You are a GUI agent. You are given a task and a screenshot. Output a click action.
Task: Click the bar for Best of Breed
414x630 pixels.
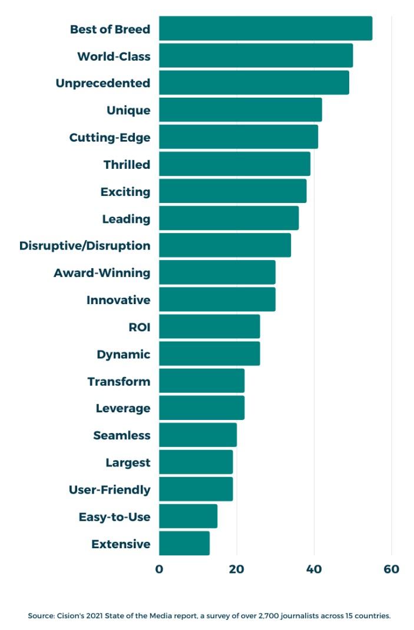[265, 29]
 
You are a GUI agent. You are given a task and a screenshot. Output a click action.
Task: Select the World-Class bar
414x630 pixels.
[256, 56]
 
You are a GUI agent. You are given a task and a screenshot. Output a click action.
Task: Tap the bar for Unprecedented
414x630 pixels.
[254, 83]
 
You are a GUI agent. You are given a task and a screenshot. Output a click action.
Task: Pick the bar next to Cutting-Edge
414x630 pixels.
[239, 137]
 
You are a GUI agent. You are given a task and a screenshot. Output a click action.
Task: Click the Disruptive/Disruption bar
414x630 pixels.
[225, 245]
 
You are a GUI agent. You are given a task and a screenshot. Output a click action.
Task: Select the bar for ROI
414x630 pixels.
[209, 327]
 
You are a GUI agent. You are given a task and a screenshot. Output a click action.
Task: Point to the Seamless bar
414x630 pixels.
[198, 435]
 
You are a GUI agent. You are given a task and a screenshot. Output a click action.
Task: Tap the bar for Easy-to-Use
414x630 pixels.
[188, 516]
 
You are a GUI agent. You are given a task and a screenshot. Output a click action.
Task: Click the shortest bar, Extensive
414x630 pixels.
[184, 544]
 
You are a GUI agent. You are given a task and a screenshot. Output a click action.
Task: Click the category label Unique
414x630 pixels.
[128, 111]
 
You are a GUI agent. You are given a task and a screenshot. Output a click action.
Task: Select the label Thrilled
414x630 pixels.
[127, 165]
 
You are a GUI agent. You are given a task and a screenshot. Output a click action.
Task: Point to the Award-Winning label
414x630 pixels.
[102, 273]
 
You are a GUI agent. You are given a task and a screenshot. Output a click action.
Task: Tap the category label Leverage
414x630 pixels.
[123, 408]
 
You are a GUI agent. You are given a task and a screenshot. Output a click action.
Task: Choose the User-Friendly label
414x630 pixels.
[110, 489]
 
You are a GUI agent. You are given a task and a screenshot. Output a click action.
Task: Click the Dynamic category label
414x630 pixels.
[123, 354]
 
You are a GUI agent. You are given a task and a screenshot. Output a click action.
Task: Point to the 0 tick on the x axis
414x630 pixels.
[159, 569]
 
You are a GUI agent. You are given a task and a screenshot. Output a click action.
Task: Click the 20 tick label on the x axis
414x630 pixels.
[237, 569]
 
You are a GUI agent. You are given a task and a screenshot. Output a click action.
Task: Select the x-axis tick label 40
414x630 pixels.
[314, 569]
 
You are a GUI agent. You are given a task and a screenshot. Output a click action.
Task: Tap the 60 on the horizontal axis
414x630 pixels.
[391, 569]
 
